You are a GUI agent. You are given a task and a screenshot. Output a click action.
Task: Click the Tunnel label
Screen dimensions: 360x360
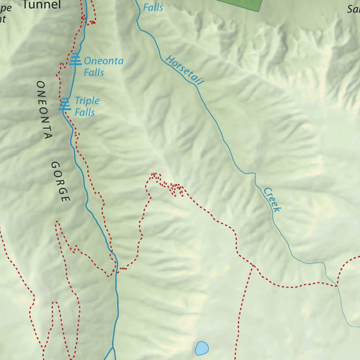(x=42, y=5)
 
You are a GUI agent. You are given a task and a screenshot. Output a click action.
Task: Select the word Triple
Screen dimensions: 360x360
(x=87, y=101)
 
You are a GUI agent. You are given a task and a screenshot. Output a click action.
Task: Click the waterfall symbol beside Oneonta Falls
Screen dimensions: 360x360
(x=75, y=60)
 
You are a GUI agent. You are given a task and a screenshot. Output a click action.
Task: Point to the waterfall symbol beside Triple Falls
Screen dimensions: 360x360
(x=65, y=105)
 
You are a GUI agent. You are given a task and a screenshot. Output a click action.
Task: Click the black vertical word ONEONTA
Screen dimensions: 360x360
(x=44, y=110)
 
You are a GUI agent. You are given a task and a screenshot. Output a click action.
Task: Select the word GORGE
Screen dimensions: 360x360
(x=60, y=182)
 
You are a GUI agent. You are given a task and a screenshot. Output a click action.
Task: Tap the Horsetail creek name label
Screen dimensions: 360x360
(x=185, y=70)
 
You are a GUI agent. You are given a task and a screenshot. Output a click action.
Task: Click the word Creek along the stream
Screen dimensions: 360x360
(x=272, y=199)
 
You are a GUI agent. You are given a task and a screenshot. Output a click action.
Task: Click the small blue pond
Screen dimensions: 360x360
(x=202, y=348)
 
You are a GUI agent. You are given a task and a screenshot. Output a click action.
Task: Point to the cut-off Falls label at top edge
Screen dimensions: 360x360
(x=153, y=7)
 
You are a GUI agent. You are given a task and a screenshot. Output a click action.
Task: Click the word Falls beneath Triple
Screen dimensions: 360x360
(x=85, y=112)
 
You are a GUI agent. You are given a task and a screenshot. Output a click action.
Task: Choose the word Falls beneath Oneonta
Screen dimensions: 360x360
(x=94, y=73)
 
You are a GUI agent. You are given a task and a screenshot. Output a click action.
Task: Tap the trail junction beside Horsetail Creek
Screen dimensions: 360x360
(x=337, y=284)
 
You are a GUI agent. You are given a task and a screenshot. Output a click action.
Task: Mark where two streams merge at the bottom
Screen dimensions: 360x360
(x=113, y=348)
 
